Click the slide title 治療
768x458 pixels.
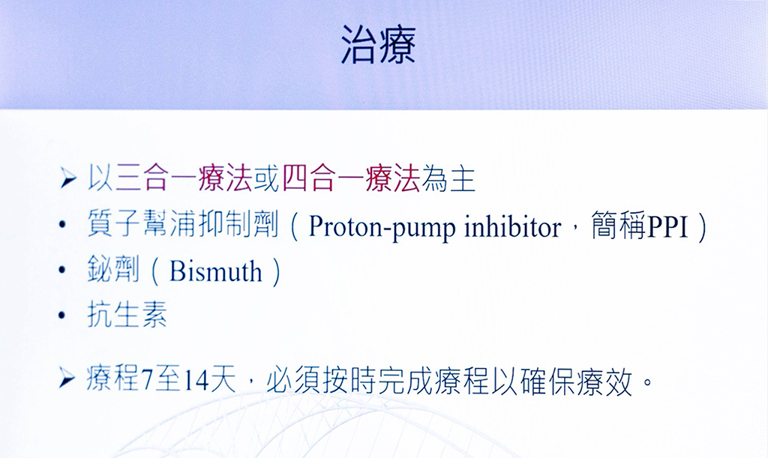coord(378,45)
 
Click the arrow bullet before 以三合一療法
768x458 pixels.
coord(67,178)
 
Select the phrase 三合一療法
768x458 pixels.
coord(184,178)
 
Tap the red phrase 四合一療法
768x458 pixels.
coord(351,178)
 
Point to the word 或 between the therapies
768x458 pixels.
coord(268,178)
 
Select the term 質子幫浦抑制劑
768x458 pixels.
coord(183,225)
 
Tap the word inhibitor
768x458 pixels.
coord(512,227)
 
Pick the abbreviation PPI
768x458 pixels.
coord(668,226)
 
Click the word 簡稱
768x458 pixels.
coord(619,225)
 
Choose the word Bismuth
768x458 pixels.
coord(215,271)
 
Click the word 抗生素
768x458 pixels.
coord(127,313)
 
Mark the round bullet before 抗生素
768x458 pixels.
coord(61,315)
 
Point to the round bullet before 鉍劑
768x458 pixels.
coord(61,270)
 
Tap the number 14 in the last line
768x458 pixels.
coord(196,381)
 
